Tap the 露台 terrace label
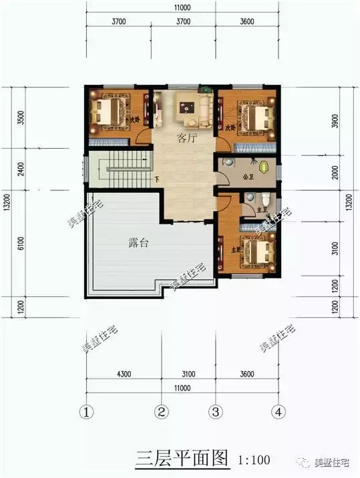138,243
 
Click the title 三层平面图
182,459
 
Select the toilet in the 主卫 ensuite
266,198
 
